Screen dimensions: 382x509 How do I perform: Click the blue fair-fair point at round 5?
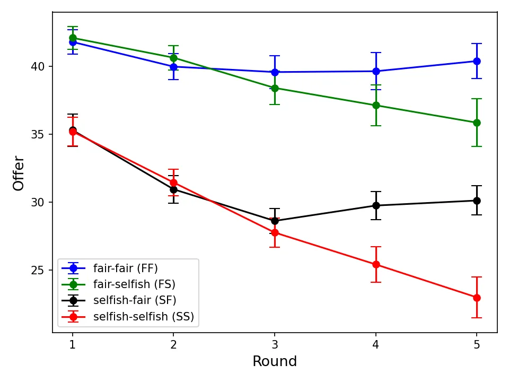point(477,61)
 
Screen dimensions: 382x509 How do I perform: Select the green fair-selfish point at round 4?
point(376,105)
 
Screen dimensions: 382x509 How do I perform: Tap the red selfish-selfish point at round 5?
point(477,298)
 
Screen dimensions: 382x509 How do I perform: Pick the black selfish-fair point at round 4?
point(376,205)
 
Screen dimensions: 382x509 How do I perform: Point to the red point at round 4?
point(376,264)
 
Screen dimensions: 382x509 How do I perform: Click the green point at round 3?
point(275,88)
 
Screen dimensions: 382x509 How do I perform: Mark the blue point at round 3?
point(275,72)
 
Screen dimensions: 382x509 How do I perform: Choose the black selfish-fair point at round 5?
point(477,201)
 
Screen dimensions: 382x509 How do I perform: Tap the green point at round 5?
point(477,123)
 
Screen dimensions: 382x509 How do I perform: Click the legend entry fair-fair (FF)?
point(125,267)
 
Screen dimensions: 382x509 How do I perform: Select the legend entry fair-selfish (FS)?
point(134,284)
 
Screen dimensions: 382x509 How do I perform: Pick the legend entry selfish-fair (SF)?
point(134,300)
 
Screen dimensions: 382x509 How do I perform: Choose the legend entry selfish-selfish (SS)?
point(143,317)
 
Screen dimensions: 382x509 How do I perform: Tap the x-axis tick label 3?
point(275,344)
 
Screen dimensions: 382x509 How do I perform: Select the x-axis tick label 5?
point(477,344)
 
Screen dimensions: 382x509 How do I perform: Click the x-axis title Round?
point(275,362)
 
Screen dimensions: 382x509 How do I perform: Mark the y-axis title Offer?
point(19,173)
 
